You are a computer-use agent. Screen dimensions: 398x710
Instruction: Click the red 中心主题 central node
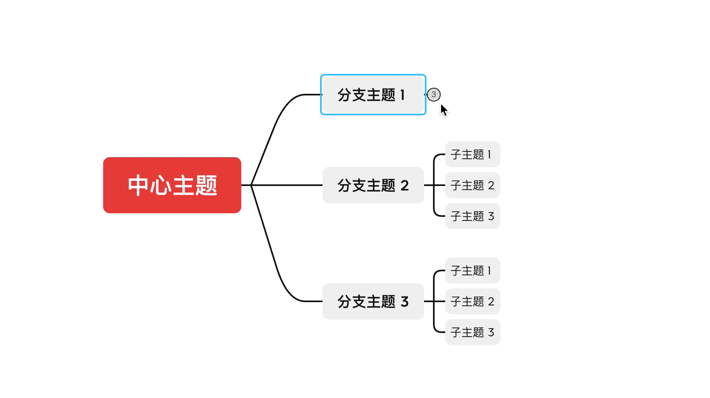[x=172, y=185]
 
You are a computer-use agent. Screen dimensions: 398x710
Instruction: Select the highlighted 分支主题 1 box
[x=373, y=95]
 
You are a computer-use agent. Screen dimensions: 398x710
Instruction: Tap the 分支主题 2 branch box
[x=373, y=185]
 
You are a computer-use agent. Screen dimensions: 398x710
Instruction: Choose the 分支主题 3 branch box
[x=373, y=301]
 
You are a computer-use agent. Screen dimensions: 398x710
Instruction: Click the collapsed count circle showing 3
[x=434, y=95]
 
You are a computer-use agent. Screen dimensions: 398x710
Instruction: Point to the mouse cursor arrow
[x=444, y=110]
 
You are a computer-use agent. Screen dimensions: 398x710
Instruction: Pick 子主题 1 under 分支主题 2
[x=472, y=154]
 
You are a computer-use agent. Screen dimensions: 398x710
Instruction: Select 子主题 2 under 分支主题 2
[x=472, y=185]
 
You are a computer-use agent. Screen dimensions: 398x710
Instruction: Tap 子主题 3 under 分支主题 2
[x=472, y=216]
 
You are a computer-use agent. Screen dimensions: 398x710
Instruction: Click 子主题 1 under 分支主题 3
[x=472, y=270]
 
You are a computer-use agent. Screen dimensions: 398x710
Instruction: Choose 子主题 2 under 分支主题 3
[x=472, y=301]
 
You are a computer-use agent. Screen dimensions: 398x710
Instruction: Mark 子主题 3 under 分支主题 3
[x=472, y=332]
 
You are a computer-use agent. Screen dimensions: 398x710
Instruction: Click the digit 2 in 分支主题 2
[x=405, y=186]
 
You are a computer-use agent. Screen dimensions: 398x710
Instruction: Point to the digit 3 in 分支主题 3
[x=405, y=302]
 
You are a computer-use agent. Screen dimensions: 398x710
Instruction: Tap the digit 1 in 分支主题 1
[x=403, y=95]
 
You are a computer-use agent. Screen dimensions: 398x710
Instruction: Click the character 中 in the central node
[x=138, y=185]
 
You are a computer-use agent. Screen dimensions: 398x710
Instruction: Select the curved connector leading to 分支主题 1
[x=276, y=122]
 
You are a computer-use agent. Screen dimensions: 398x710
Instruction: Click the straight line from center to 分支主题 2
[x=288, y=185]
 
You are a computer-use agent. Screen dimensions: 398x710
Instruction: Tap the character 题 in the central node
[x=206, y=185]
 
